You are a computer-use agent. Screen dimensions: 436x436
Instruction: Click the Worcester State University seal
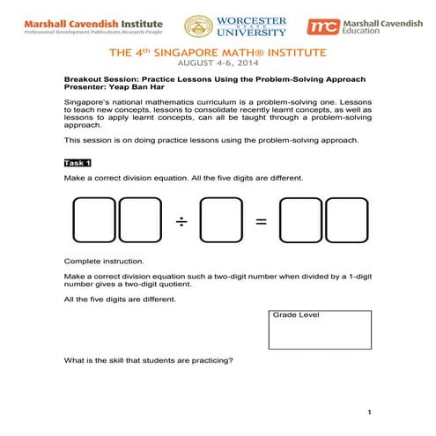point(198,26)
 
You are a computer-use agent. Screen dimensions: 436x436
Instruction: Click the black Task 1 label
point(78,163)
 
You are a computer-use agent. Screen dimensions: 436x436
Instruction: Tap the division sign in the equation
point(182,221)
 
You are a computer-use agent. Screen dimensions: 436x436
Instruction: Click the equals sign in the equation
point(261,221)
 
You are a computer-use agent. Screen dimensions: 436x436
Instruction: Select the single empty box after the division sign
point(221,221)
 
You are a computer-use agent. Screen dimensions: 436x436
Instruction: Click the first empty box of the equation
point(95,221)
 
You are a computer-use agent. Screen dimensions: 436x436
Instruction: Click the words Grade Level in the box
point(296,314)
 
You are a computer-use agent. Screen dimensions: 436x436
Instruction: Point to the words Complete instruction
point(99,262)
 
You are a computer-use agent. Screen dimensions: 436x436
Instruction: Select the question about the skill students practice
point(147,361)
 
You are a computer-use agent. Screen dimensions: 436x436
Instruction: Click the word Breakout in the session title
point(85,79)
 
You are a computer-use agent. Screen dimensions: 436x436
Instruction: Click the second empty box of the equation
point(140,221)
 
